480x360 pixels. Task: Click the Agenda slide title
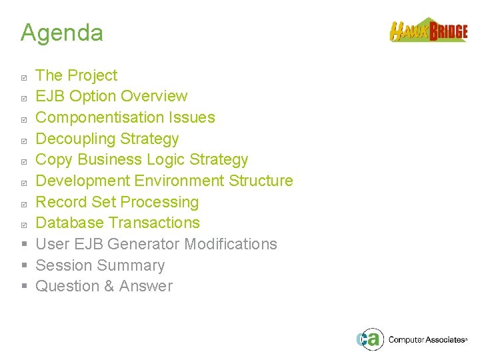click(62, 33)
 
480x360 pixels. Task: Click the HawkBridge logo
click(428, 31)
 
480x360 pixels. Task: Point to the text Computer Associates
click(427, 340)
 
